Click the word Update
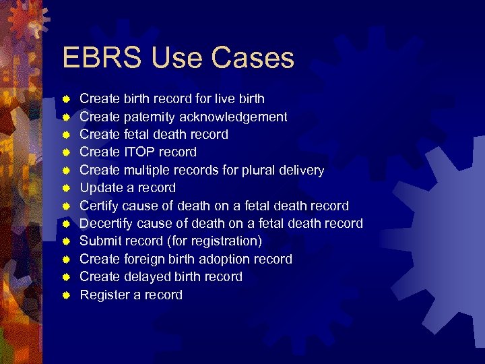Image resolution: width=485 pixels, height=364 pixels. pos(100,188)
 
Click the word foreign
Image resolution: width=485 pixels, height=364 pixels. pos(145,260)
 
